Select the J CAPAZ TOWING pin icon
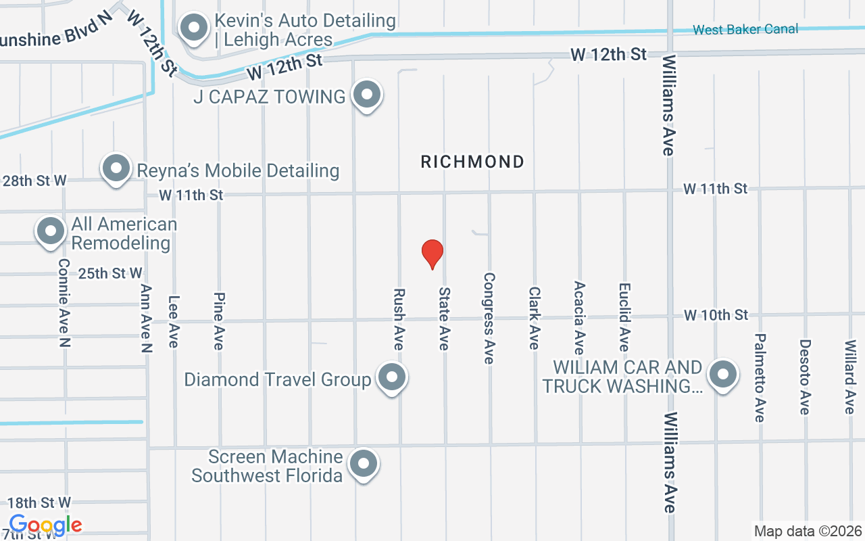point(367,95)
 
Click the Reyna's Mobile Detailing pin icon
point(116,168)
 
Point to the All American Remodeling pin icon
point(50,231)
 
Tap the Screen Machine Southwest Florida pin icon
point(364,465)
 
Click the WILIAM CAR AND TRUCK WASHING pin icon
point(722,374)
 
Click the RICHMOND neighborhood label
point(472,162)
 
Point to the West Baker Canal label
point(745,29)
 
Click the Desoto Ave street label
point(804,376)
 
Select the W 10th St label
point(716,315)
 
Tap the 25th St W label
point(110,273)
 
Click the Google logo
point(45,525)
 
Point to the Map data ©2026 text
point(808,531)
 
